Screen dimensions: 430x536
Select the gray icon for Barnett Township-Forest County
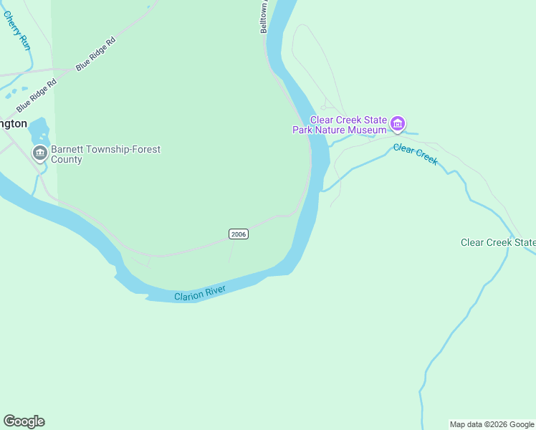coord(39,153)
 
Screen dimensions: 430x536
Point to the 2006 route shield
coord(239,234)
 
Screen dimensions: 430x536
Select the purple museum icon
coord(398,125)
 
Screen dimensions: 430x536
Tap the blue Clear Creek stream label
coord(415,154)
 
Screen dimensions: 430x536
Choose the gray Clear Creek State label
coord(497,243)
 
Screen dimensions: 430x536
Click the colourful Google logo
coord(24,421)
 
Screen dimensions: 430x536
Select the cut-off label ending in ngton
coord(14,123)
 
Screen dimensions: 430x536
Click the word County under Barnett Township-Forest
coord(66,160)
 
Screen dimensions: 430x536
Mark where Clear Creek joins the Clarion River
coord(322,191)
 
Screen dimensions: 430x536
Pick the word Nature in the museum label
coord(333,130)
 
